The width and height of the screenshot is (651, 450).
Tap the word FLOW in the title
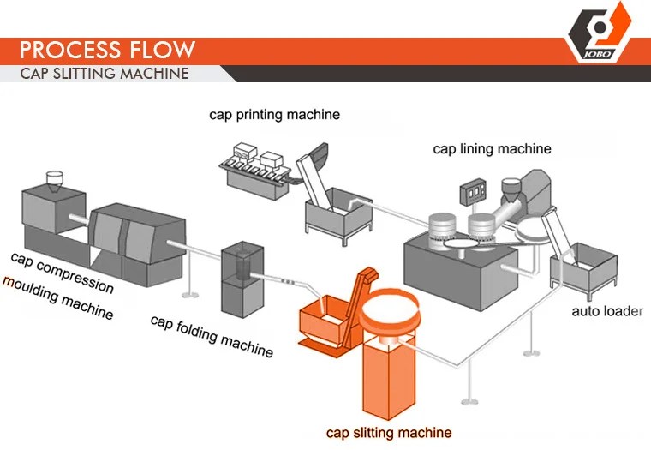coord(163,50)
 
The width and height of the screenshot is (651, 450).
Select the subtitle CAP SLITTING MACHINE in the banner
coord(105,74)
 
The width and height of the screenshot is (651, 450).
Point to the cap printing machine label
coord(274,115)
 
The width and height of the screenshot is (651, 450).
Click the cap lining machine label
coord(492,149)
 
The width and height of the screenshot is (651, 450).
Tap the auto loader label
coord(607,311)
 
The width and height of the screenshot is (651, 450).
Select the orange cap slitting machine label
coord(389,433)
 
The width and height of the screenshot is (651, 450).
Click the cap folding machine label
coord(212,336)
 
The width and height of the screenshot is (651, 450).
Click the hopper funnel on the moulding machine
coord(54,181)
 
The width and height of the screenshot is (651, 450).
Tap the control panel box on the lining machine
coord(473,191)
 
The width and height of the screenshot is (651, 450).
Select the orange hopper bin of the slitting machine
coord(322,320)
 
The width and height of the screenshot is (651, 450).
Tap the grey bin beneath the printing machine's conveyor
coord(338,214)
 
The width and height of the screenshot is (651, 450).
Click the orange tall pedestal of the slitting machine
coord(389,377)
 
